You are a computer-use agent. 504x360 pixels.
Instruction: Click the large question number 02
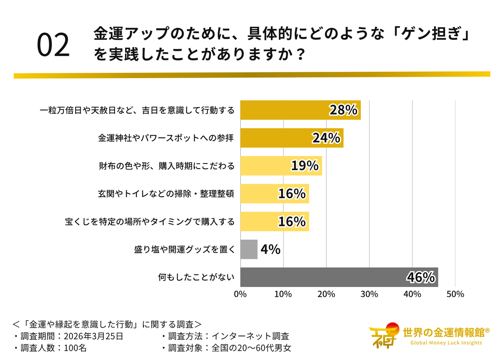[x=53, y=45]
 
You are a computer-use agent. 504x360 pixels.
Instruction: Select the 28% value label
[x=343, y=110]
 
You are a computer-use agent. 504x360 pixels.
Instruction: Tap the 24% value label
[x=326, y=138]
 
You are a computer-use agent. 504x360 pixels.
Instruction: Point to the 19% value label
[x=304, y=166]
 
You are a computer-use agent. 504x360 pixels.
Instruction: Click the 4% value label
[x=270, y=249]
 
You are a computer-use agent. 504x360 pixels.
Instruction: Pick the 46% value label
[x=420, y=277]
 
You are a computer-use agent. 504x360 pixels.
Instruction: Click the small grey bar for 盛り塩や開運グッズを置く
[x=249, y=249]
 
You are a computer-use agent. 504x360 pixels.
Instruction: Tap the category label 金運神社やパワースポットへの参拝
[x=166, y=138]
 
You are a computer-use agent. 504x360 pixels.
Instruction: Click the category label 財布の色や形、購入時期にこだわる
[x=166, y=166]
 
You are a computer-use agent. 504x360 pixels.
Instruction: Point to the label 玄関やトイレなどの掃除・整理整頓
[x=166, y=194]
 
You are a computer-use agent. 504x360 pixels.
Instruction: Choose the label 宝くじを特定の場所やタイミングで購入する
[x=150, y=221]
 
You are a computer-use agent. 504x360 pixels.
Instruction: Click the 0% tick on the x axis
[x=240, y=294]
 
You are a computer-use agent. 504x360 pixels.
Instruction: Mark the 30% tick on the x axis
[x=369, y=294]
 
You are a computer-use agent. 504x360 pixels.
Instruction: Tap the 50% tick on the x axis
[x=455, y=294]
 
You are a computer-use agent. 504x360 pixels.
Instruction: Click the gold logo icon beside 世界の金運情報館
[x=383, y=335]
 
